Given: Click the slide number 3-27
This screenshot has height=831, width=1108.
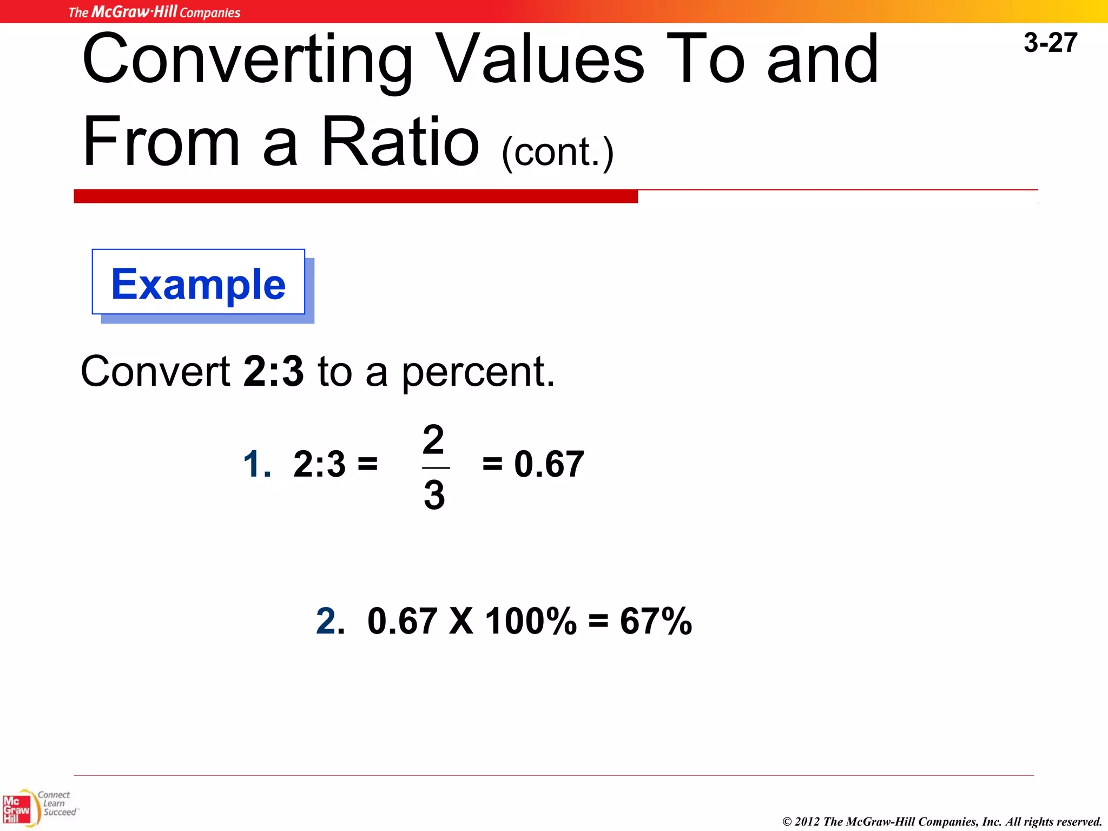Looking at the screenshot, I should tap(1050, 43).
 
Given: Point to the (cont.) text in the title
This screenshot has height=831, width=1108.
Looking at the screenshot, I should tap(557, 153).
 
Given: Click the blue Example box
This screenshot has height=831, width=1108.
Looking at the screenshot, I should tap(199, 283).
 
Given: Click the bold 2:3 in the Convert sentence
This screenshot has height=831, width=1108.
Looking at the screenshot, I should tap(273, 372).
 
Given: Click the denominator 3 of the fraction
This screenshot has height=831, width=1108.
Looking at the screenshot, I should tap(434, 494).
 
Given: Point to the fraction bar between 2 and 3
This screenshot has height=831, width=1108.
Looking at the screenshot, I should tap(436, 467).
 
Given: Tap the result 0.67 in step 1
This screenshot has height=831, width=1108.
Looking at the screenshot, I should tap(549, 464).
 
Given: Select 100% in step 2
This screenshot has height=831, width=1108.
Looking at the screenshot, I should tap(530, 621).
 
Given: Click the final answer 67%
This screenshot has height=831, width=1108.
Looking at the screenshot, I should tap(656, 621).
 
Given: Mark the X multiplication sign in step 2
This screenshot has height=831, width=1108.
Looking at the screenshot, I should tap(461, 621).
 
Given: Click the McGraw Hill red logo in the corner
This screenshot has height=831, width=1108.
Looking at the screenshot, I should tap(17, 809).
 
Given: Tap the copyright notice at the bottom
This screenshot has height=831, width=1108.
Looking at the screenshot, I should tap(942, 821).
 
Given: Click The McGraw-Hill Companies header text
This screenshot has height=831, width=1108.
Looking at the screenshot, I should tap(154, 12).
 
